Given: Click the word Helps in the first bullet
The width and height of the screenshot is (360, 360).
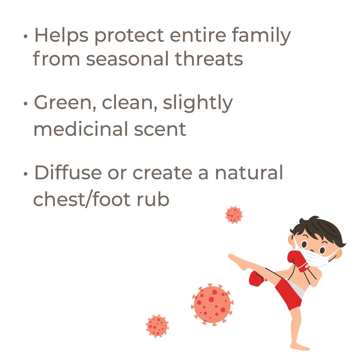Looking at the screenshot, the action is pos(62,36).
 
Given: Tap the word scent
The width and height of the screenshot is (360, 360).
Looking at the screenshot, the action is pos(160,129).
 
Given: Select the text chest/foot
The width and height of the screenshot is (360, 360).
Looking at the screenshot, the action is pos(82,199).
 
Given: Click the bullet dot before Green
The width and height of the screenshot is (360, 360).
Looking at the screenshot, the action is pos(25,104).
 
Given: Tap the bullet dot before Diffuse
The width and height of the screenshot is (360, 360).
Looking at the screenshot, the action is pos(25,174).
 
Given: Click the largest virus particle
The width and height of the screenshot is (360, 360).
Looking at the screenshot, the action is pos(212,305).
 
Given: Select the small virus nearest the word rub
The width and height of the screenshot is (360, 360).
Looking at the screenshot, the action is pos(234,215).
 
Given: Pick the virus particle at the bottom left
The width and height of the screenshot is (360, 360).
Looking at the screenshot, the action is pos(157,326).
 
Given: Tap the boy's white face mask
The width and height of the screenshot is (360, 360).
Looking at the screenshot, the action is pos(315,257).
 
